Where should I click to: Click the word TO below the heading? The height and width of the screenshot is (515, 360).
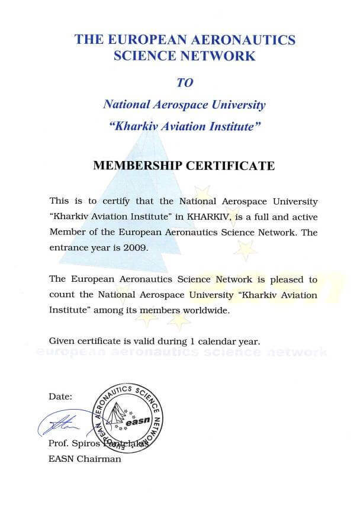pos(184,82)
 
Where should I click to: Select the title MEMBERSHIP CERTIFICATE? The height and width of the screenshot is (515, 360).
pos(184,165)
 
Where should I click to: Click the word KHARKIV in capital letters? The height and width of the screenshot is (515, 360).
pos(210,217)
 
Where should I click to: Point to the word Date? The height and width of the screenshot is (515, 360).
pos(60,396)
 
